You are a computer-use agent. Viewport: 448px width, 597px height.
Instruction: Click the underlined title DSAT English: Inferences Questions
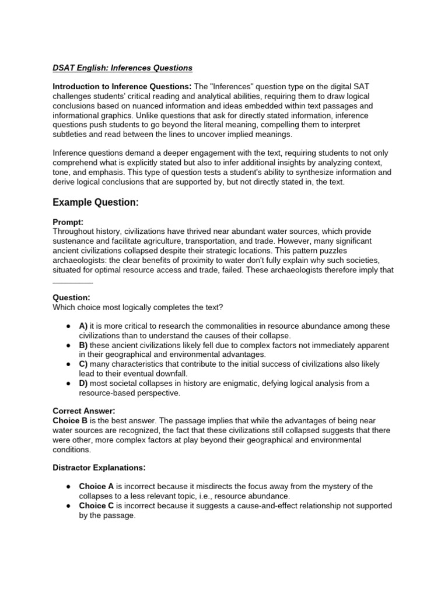click(x=123, y=68)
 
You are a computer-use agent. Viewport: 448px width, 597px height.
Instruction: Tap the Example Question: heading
click(x=96, y=202)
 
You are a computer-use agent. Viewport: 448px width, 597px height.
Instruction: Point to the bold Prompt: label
click(x=68, y=222)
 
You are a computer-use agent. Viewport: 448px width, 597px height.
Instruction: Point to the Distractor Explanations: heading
click(x=99, y=468)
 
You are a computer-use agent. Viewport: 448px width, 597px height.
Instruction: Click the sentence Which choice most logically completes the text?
click(x=138, y=307)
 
